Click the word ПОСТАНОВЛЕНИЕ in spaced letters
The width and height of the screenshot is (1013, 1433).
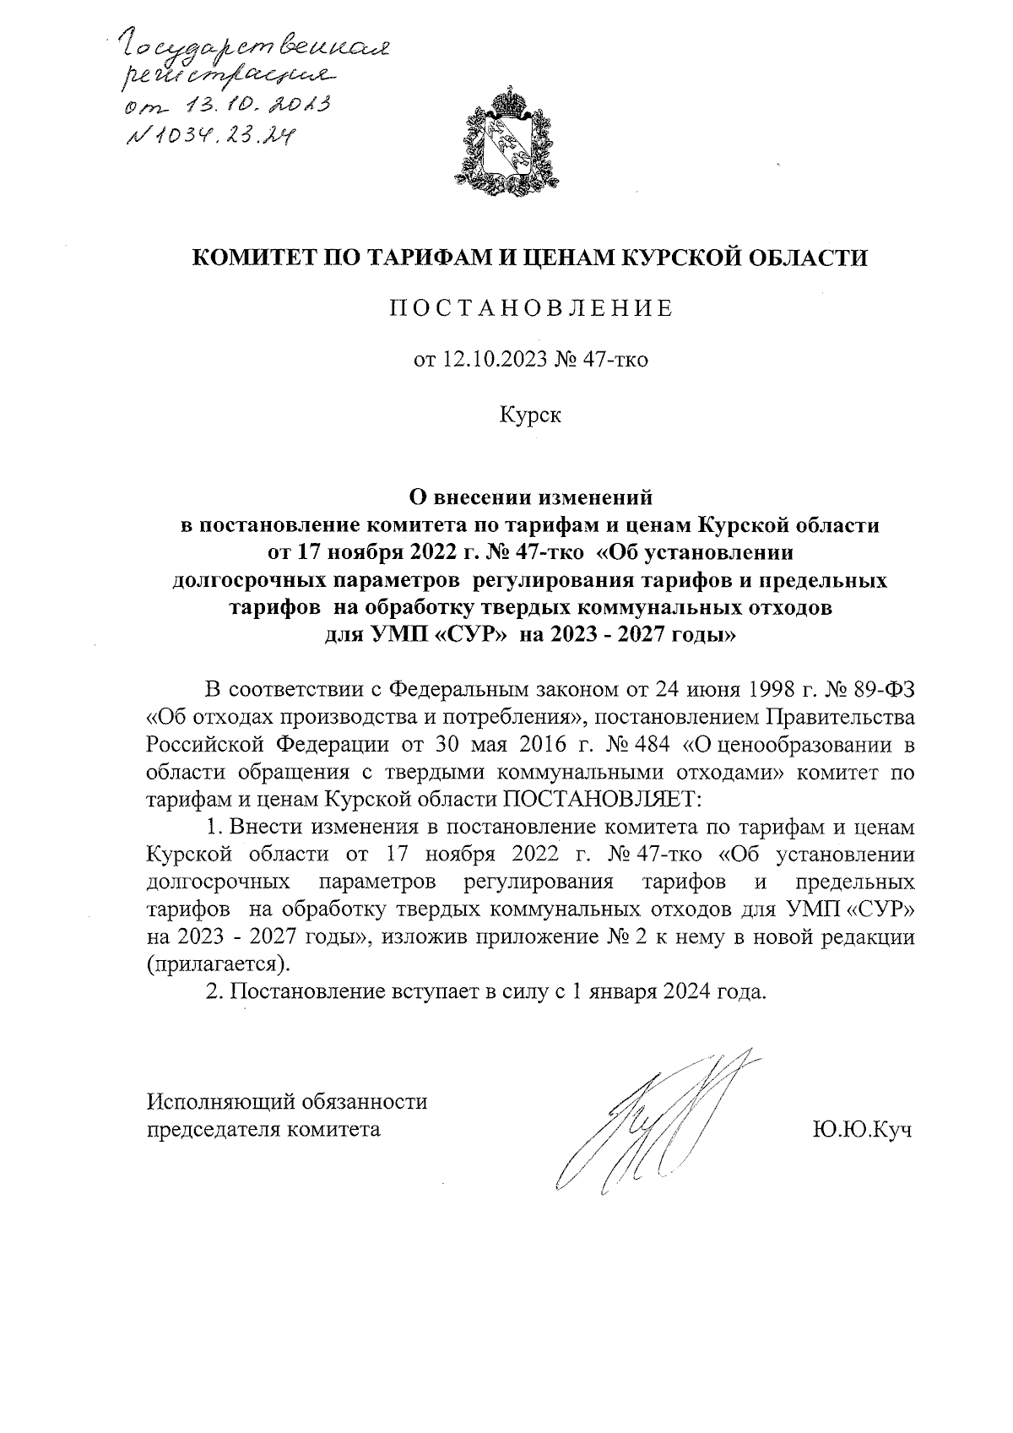(530, 308)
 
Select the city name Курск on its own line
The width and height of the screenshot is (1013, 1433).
(530, 415)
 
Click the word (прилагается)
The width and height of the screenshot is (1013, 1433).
(218, 963)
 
